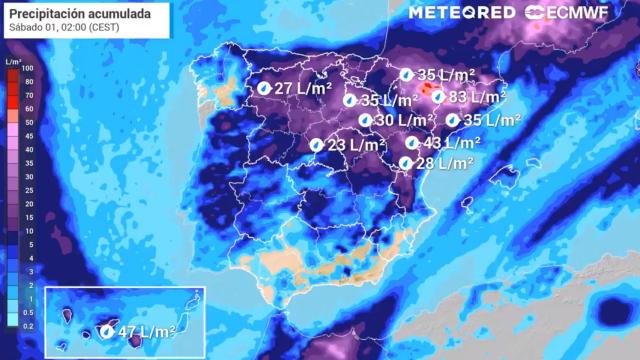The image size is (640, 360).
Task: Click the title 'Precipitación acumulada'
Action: pyautogui.click(x=80, y=13)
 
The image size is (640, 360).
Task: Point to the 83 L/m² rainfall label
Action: pyautogui.click(x=477, y=97)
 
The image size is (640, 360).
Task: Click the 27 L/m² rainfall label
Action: pyautogui.click(x=302, y=89)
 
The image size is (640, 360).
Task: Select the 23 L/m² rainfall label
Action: pyautogui.click(x=356, y=145)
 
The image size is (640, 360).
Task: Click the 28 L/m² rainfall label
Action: pyautogui.click(x=444, y=163)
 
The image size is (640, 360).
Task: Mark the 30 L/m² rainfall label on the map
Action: pyautogui.click(x=403, y=120)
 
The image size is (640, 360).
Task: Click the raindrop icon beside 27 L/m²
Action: pyautogui.click(x=263, y=89)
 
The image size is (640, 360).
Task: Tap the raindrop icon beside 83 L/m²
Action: pyautogui.click(x=439, y=97)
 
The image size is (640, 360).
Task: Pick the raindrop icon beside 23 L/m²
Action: pyautogui.click(x=317, y=145)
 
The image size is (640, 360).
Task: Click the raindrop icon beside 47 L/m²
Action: pyautogui.click(x=108, y=332)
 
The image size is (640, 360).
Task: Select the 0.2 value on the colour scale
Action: pyautogui.click(x=29, y=325)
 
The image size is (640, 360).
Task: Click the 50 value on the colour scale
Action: pyautogui.click(x=29, y=122)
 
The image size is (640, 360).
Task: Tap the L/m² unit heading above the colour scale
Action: pyautogui.click(x=13, y=61)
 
